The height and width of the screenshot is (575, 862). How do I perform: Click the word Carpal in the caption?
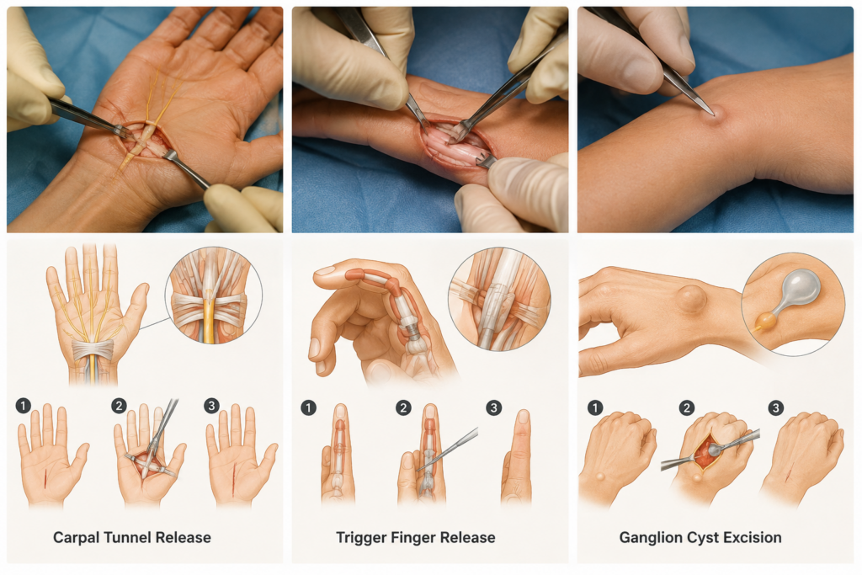pyautogui.click(x=75, y=538)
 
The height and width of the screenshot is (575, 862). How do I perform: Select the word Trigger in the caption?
pyautogui.click(x=359, y=538)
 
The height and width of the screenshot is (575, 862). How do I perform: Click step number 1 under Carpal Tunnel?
pyautogui.click(x=23, y=407)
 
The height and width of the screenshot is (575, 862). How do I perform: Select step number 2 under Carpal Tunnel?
pyautogui.click(x=119, y=407)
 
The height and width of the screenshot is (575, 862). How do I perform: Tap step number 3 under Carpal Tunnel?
pyautogui.click(x=211, y=407)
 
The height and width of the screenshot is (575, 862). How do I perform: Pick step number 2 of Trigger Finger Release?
pyautogui.click(x=403, y=407)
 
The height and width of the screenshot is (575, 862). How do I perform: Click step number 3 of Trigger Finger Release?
pyautogui.click(x=493, y=407)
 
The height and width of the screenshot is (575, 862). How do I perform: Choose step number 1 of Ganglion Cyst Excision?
pyautogui.click(x=595, y=407)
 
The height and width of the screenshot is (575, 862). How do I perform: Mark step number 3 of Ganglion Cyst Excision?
pyautogui.click(x=775, y=407)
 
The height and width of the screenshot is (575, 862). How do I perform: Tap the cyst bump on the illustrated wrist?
pyautogui.click(x=691, y=300)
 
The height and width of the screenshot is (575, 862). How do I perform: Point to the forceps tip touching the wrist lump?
pyautogui.click(x=713, y=114)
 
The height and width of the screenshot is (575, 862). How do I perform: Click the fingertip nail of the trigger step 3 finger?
pyautogui.click(x=524, y=416)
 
